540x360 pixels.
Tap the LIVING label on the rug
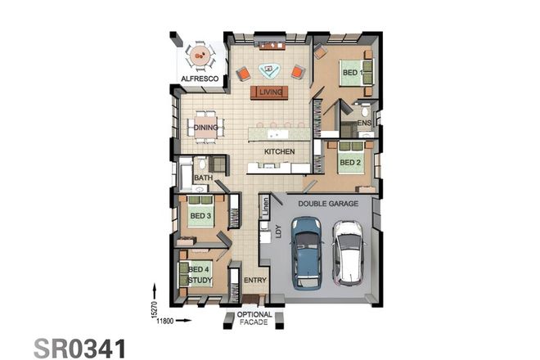(x=270, y=92)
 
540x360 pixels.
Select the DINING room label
(x=205, y=128)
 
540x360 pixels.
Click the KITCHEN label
(x=279, y=153)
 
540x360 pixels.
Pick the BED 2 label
(x=349, y=162)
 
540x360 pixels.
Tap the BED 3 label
(x=200, y=216)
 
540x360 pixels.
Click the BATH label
(x=203, y=178)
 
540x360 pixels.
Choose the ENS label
(x=364, y=123)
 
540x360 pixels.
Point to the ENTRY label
(x=255, y=281)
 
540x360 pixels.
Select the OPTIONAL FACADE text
(x=254, y=320)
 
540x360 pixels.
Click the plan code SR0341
(x=79, y=347)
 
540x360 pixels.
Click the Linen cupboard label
(x=266, y=209)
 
